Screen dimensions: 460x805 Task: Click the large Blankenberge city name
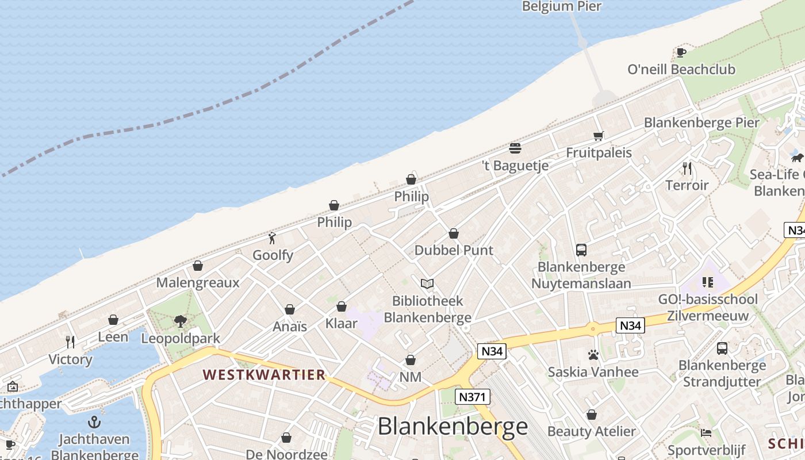(x=453, y=427)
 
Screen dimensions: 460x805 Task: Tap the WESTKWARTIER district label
(x=264, y=375)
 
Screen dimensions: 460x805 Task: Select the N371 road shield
(x=473, y=396)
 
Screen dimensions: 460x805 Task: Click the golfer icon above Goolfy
(x=273, y=238)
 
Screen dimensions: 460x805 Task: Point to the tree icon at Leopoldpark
(x=181, y=321)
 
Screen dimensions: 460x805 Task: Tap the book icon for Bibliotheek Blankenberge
(x=427, y=283)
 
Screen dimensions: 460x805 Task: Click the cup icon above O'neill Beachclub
(x=681, y=52)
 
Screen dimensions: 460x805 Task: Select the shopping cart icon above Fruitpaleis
(x=599, y=136)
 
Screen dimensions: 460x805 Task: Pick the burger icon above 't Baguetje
(x=515, y=148)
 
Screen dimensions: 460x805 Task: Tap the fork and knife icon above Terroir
(x=687, y=168)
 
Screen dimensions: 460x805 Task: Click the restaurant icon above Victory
(x=70, y=342)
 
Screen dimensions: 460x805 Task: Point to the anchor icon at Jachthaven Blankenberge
(x=94, y=423)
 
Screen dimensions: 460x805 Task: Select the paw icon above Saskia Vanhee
(x=593, y=355)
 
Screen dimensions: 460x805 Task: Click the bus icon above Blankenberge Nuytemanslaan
(x=581, y=250)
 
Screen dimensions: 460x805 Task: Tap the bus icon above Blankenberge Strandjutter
(x=722, y=348)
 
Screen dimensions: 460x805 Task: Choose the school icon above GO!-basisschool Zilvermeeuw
(x=708, y=282)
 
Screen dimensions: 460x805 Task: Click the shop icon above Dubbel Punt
(x=454, y=233)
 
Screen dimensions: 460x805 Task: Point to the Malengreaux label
(x=198, y=283)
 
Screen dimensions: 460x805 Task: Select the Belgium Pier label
(x=562, y=6)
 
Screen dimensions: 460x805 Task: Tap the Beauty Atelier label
(x=592, y=431)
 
